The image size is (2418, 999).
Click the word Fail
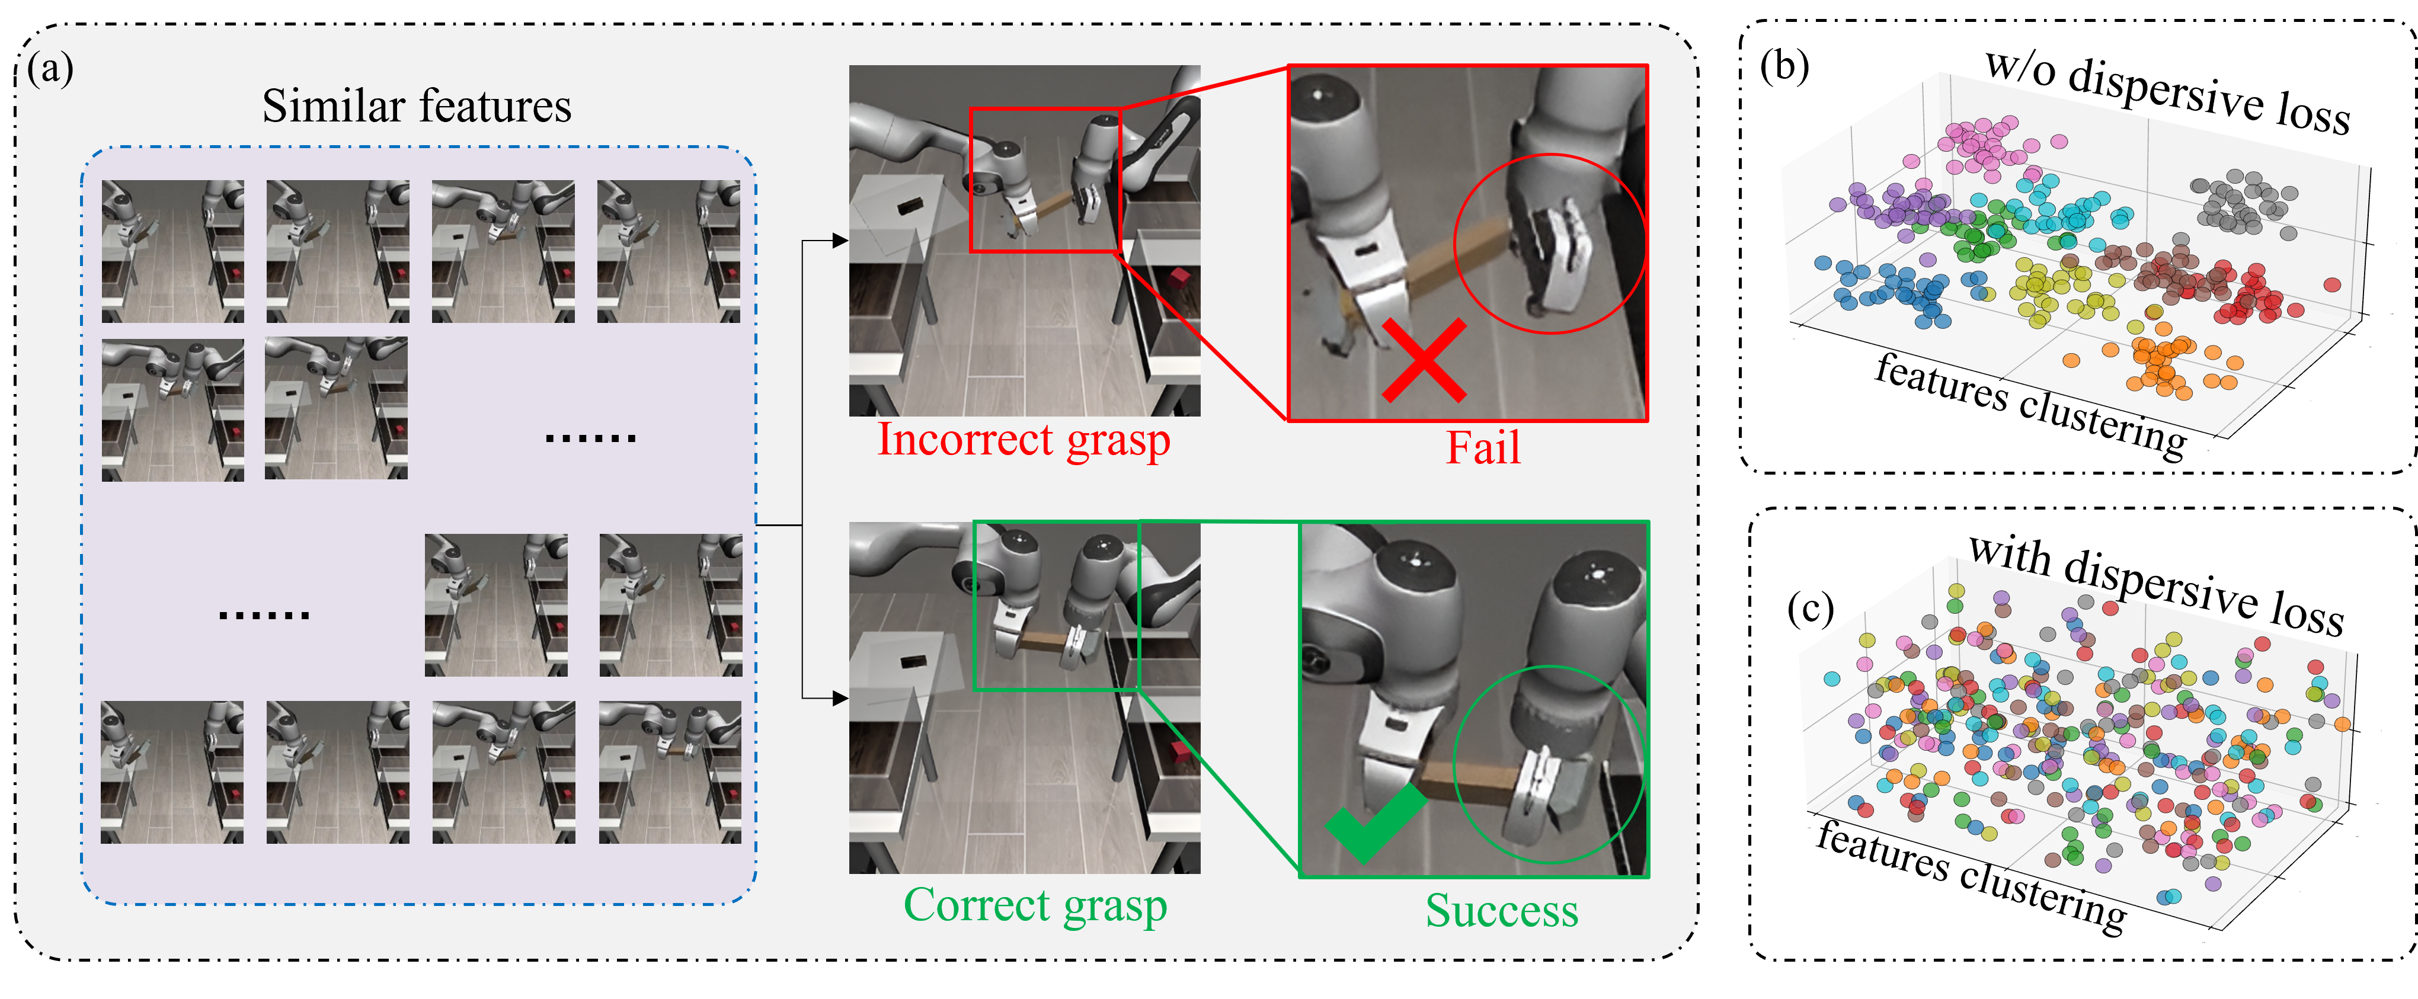[x=1483, y=447]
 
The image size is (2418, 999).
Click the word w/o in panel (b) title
[x=2021, y=69]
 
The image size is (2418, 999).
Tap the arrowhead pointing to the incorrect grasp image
[x=841, y=241]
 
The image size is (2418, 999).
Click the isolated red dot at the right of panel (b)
[x=2331, y=284]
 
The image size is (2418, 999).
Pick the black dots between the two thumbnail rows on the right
[x=591, y=437]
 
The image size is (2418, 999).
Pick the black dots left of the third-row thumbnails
[x=264, y=615]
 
